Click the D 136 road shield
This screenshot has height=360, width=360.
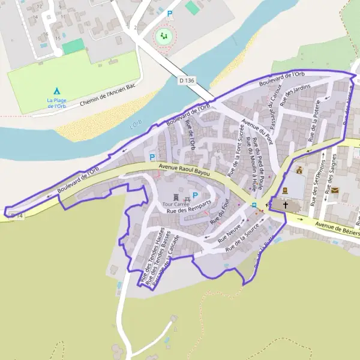[187, 80]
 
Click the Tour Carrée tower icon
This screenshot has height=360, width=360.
[176, 196]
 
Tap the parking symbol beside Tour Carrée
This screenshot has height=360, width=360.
[195, 196]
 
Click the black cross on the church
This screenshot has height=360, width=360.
[286, 205]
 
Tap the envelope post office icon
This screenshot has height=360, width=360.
[335, 190]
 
